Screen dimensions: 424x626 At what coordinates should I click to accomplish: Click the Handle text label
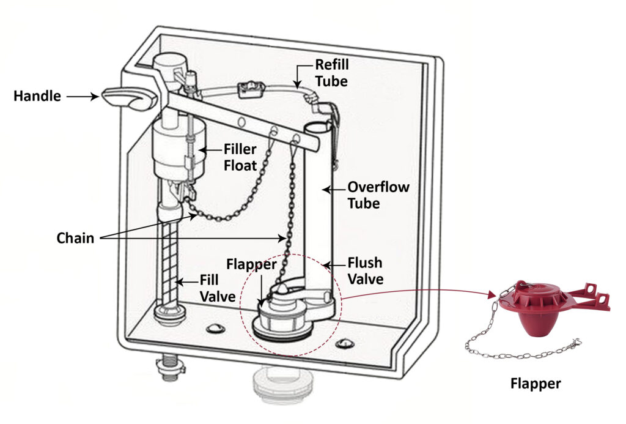(37, 96)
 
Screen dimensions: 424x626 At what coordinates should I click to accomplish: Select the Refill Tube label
(332, 72)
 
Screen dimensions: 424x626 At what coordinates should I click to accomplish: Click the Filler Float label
(240, 157)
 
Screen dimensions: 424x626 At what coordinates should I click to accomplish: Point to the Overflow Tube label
(378, 195)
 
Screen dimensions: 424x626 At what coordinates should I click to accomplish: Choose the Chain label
(76, 237)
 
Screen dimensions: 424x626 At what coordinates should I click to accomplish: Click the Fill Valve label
(218, 289)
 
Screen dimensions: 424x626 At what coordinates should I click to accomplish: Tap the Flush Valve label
(365, 271)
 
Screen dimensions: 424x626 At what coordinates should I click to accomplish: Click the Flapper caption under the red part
(536, 384)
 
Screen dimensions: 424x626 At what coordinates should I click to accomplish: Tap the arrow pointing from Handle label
(83, 96)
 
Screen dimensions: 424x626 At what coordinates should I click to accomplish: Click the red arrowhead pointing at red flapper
(492, 296)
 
